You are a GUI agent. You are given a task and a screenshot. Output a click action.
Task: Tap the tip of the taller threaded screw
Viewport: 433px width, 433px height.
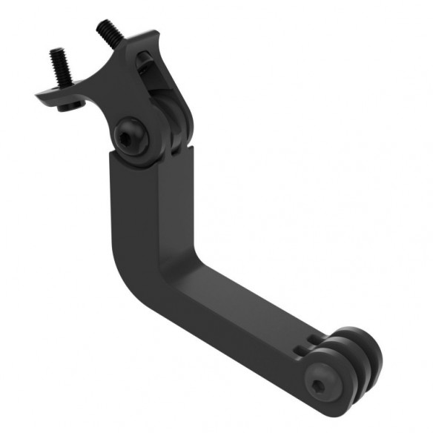[x=100, y=23]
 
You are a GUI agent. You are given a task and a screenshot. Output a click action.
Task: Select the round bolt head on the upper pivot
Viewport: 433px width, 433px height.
[x=131, y=136]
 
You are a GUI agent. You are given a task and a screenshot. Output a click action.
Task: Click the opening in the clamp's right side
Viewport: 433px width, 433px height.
[x=164, y=89]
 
